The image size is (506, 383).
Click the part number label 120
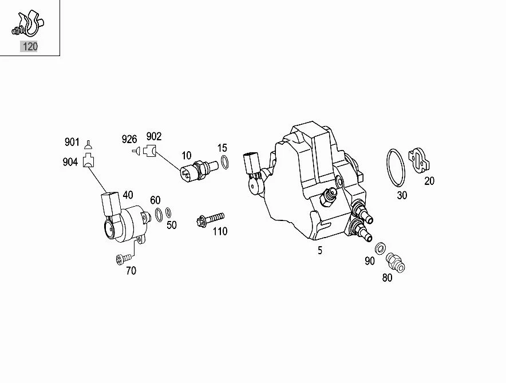[29, 46]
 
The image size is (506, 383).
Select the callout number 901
[72, 142]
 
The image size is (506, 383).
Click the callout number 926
[129, 139]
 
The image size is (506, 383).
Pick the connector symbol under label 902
[150, 151]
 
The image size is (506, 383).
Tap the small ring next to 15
[225, 163]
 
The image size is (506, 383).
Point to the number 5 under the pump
[320, 250]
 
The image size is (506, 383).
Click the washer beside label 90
[379, 248]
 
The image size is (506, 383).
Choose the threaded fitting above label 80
[395, 262]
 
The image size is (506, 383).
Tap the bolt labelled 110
[211, 218]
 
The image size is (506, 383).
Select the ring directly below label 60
[158, 215]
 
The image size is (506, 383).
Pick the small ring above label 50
[168, 213]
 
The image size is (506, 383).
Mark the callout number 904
[70, 162]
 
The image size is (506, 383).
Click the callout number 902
[154, 136]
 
